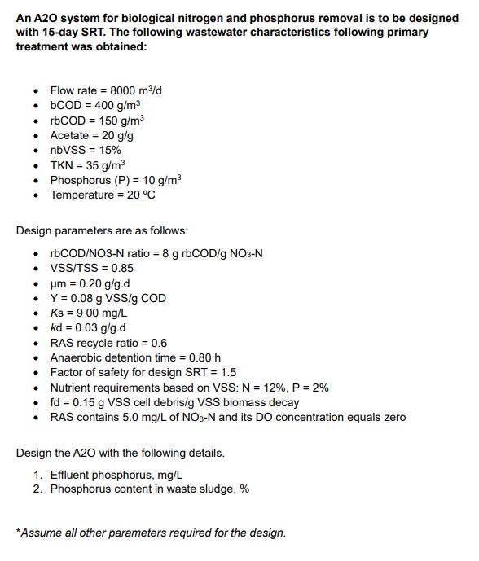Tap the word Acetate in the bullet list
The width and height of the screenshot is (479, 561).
[71, 135]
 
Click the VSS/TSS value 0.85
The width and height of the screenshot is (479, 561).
[120, 268]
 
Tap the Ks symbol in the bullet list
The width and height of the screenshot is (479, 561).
[57, 313]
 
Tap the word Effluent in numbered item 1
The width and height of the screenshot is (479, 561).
[72, 474]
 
